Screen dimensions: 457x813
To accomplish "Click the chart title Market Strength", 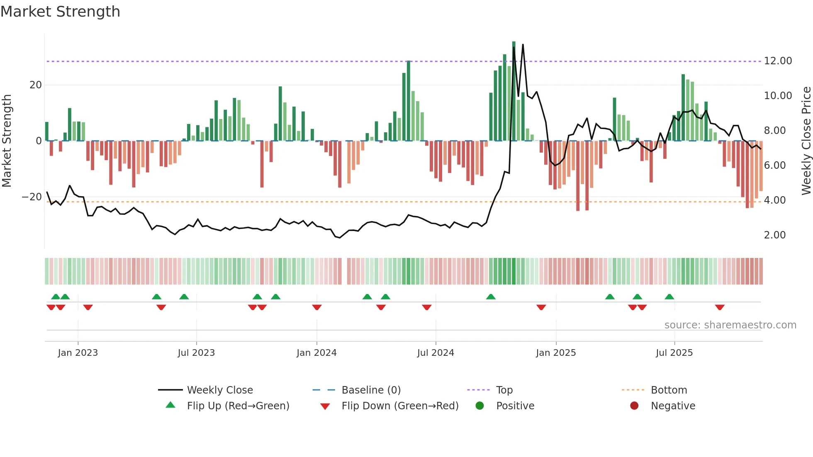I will coord(60,12).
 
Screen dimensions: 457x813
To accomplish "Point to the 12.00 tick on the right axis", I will coord(778,61).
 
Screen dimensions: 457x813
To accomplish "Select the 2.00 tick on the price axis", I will coord(774,235).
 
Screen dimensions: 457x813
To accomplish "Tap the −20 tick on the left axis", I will coord(32,197).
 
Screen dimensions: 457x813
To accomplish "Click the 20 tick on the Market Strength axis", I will coord(36,85).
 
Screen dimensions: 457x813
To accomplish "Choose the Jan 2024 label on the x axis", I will coord(316,353).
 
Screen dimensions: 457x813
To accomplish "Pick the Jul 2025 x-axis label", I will coord(674,353).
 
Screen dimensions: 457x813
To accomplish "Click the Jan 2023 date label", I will coord(78,353).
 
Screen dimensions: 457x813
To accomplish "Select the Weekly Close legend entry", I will coord(219,390).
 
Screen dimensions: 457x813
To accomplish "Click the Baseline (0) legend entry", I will coord(371,390).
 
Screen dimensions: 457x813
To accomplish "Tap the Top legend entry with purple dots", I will coord(504,390).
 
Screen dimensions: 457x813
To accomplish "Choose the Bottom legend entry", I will coord(669,390).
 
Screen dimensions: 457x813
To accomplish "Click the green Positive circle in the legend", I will coord(480,406).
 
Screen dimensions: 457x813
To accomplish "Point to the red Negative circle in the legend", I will coord(634,406).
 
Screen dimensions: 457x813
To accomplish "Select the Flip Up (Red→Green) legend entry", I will coord(238,406).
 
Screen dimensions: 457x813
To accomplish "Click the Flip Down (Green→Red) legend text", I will coord(400,406).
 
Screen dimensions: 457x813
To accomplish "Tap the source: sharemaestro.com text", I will coord(730,325).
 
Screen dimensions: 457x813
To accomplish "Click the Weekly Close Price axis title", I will coord(806,141).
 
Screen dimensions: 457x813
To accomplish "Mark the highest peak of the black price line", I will coord(523,44).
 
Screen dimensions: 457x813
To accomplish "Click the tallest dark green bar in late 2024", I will coord(514,91).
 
